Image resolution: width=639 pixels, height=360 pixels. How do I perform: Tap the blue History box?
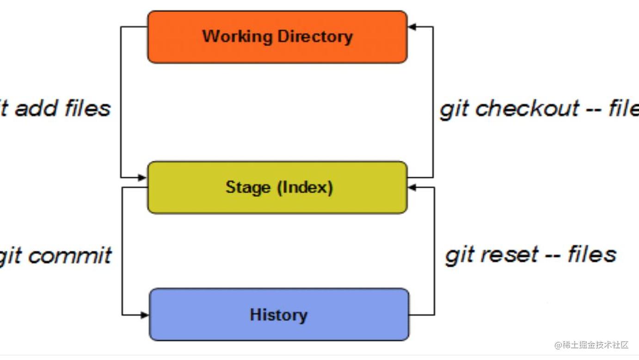[279, 329]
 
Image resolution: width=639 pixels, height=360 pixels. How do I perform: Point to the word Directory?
[314, 36]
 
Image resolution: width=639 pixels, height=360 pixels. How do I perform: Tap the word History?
[278, 315]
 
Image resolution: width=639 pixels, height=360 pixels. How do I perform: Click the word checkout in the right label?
[527, 109]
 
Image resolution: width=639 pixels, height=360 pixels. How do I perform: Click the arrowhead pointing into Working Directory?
[412, 27]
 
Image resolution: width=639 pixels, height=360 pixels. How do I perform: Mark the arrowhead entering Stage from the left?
[143, 177]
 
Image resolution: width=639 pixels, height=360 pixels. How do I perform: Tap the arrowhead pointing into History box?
[145, 315]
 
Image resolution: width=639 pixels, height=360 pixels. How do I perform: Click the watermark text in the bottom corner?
[591, 345]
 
